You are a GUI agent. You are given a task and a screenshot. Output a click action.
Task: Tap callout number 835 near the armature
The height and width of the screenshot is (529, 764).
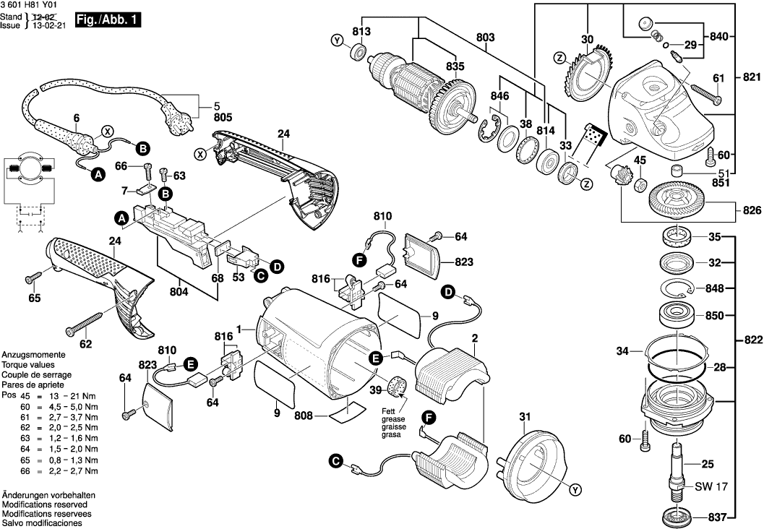[455, 66]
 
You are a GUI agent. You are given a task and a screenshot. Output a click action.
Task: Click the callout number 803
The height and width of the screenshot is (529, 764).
[486, 37]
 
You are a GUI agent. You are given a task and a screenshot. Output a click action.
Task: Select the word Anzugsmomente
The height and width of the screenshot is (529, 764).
[34, 356]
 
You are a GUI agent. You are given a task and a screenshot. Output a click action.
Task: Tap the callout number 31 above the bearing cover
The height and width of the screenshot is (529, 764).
[525, 416]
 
